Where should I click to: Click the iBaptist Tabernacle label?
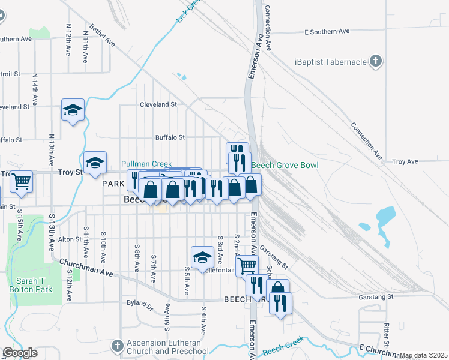pos(330,62)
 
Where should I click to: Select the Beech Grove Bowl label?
pos(285,165)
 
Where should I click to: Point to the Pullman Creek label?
pos(146,164)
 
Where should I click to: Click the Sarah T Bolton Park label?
pos(34,284)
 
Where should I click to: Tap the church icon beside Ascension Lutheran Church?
pos(119,346)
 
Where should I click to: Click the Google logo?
pos(20,353)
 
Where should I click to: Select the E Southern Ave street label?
pos(327,31)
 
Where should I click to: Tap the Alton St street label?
pos(70,239)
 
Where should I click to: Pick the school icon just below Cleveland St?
pos(73,110)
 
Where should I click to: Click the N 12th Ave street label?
pos(69,37)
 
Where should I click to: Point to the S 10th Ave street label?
pos(104,244)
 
